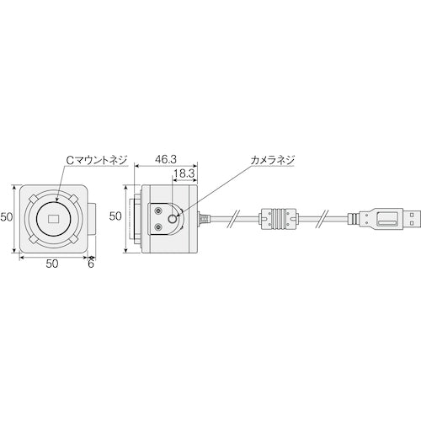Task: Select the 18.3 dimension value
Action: (x=184, y=173)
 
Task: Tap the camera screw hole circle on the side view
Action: (x=173, y=218)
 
